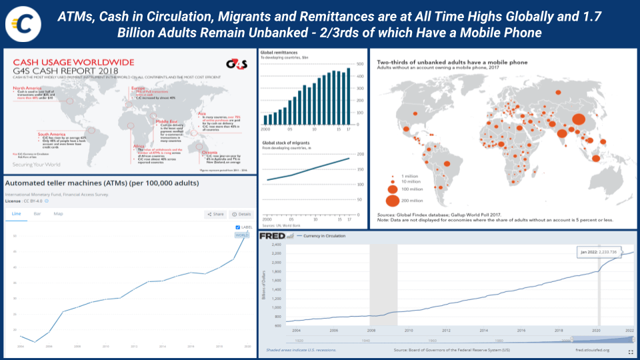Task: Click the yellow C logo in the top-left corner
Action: (21, 23)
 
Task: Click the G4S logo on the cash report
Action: (236, 65)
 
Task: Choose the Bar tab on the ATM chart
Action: (37, 214)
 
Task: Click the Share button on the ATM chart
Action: (215, 214)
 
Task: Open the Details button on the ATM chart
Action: (241, 214)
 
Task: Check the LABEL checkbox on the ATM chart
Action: (238, 228)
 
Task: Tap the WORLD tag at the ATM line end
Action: (241, 235)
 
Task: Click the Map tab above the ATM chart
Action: (58, 214)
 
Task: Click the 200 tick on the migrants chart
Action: (361, 154)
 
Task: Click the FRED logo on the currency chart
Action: (273, 235)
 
